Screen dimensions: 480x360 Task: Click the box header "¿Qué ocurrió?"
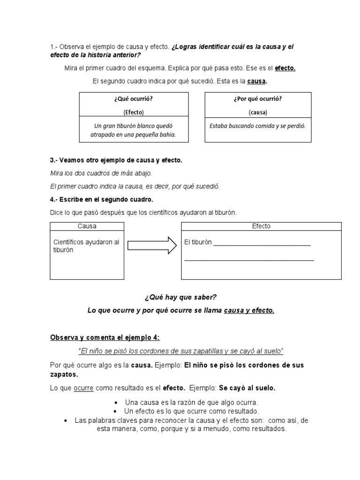(x=134, y=99)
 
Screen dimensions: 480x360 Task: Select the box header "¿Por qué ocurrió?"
(x=258, y=99)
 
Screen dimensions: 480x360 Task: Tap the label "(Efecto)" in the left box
(x=134, y=112)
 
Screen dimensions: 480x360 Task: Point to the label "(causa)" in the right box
(x=258, y=112)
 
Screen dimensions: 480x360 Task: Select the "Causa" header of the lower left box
(x=87, y=226)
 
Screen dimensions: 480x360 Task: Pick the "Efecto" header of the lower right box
(x=261, y=226)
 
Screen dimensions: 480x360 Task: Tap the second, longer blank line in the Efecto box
(x=249, y=259)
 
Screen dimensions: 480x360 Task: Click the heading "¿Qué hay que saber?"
(x=180, y=297)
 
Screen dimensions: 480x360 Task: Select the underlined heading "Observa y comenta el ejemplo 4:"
(x=105, y=337)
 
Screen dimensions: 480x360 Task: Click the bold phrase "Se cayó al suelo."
(x=247, y=388)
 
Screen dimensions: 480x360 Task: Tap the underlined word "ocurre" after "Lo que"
(x=83, y=388)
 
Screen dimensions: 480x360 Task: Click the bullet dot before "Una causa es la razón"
(x=115, y=403)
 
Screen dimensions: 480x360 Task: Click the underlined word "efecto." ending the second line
(x=285, y=68)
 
